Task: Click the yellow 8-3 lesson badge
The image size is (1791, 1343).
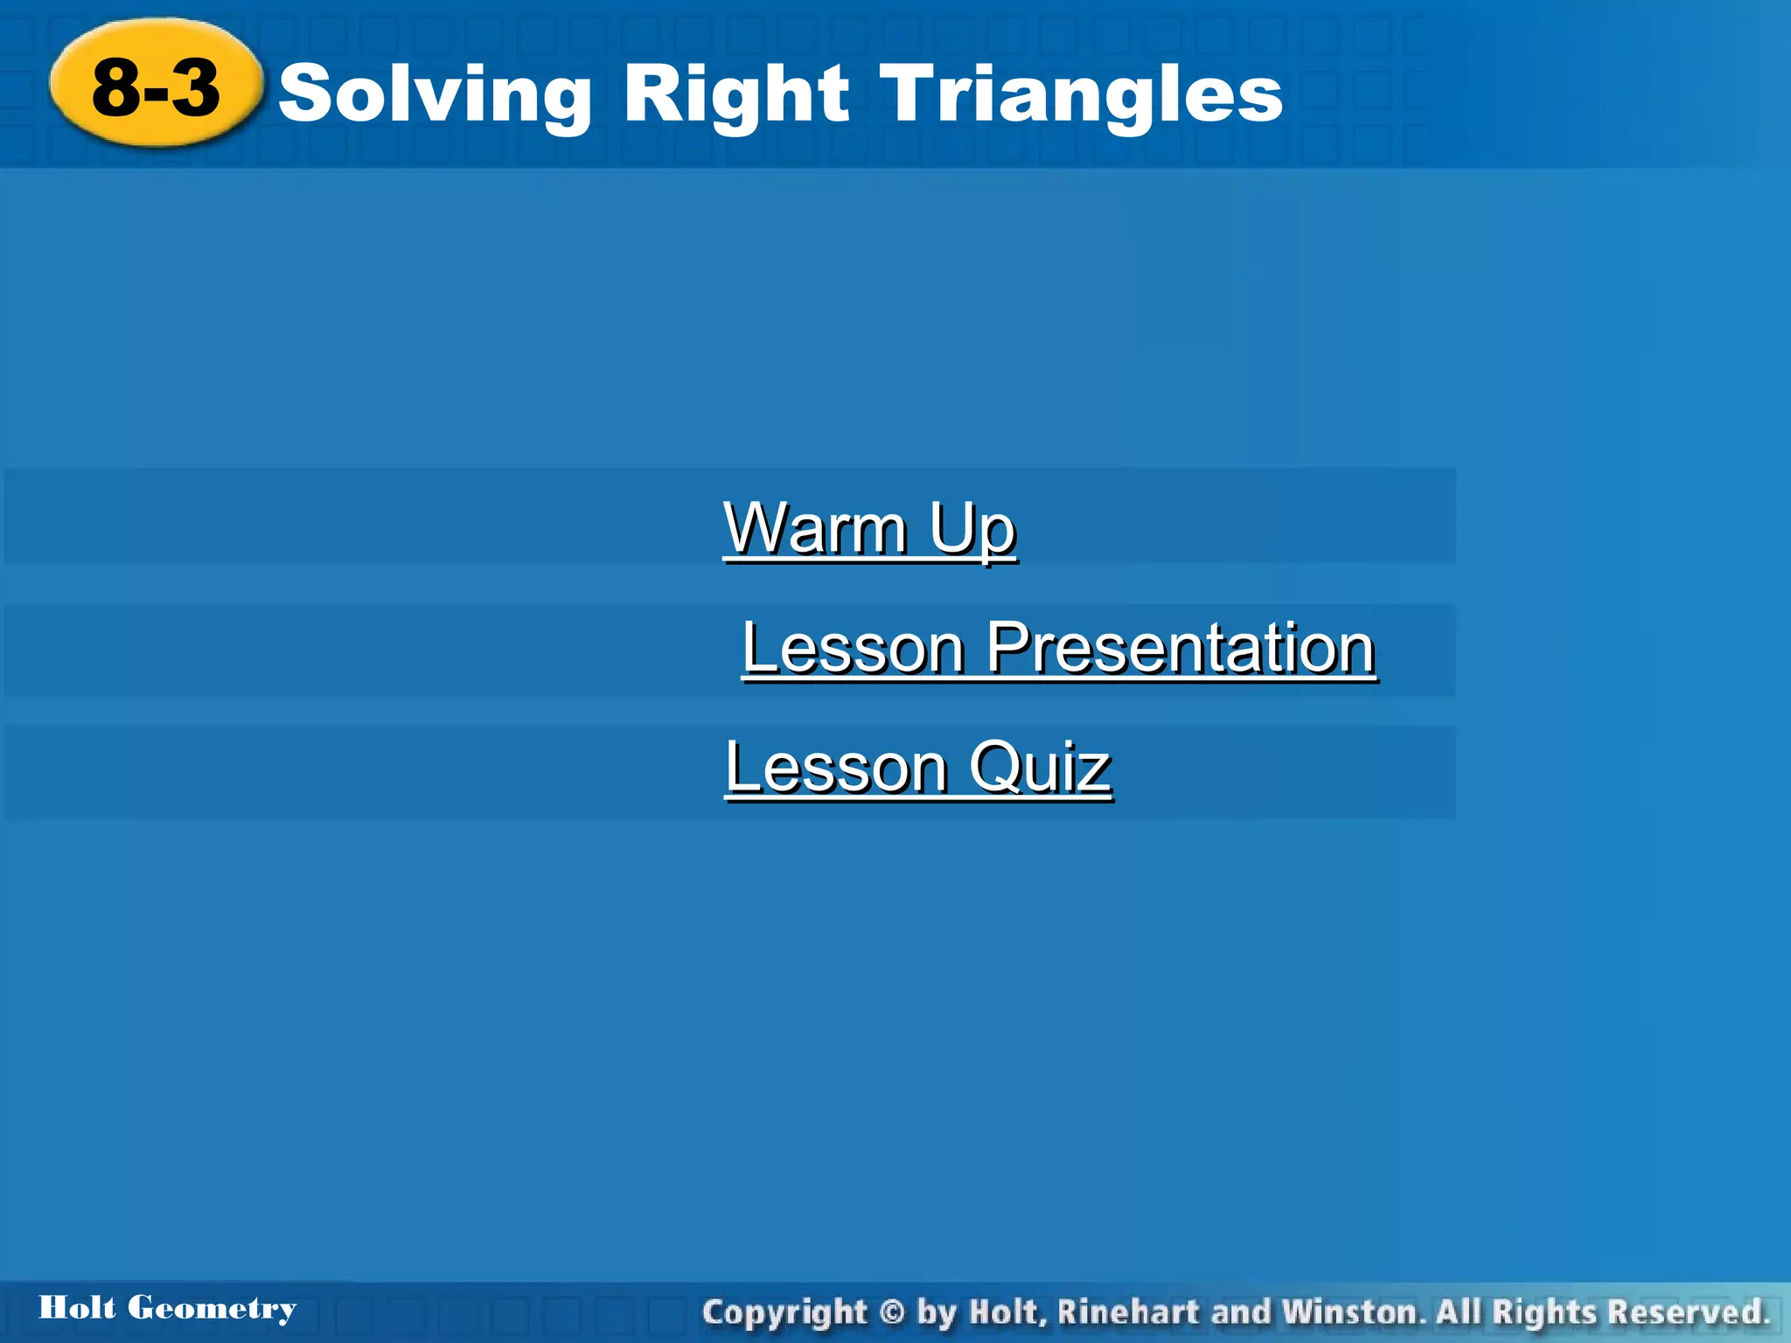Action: click(156, 84)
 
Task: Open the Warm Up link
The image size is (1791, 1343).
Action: click(869, 528)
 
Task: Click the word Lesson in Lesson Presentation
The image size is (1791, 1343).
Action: click(853, 648)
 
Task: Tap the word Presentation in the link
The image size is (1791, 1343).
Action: click(1181, 648)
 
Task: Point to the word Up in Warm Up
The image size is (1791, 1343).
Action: click(972, 528)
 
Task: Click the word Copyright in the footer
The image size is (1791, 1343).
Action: click(784, 1312)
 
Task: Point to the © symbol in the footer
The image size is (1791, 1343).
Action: click(891, 1312)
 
